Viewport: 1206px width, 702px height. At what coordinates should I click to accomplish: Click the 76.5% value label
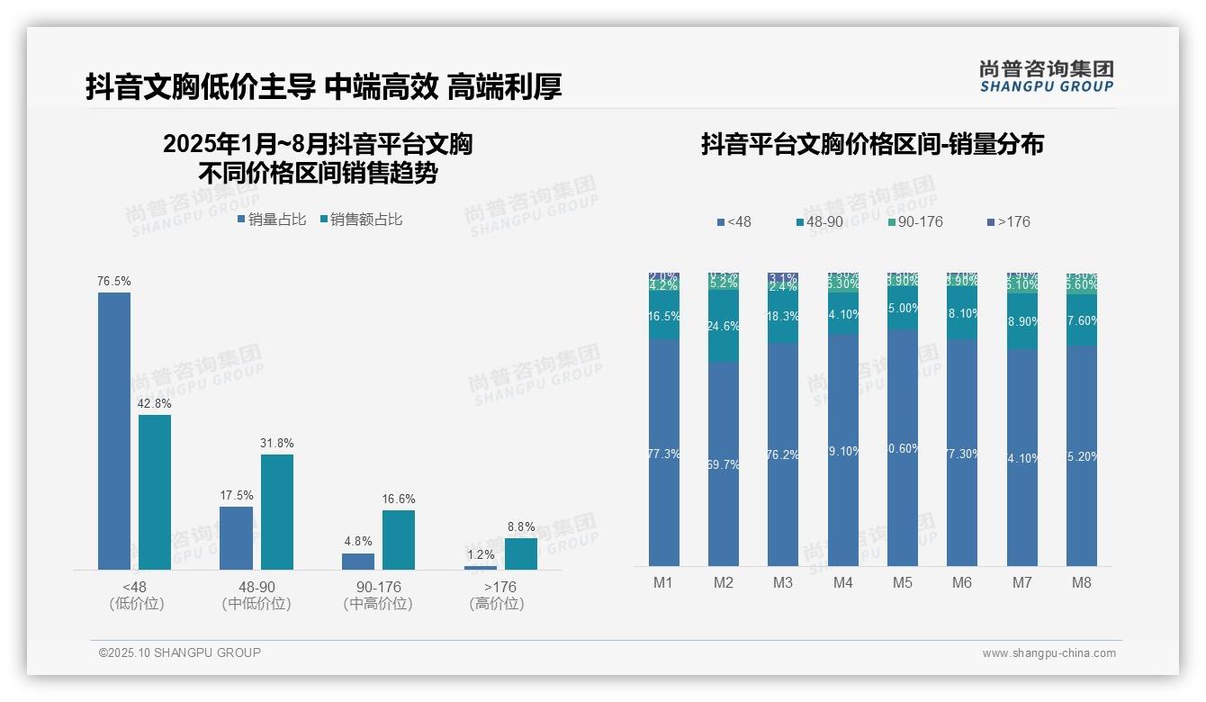coord(114,282)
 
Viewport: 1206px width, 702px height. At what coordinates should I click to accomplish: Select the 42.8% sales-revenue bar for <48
coord(155,491)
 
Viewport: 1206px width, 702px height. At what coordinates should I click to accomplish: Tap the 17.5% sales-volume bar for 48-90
coord(236,537)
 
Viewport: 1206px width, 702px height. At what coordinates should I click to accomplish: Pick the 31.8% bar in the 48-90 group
coord(277,511)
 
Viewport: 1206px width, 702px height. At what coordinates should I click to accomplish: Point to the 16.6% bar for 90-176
coord(399,539)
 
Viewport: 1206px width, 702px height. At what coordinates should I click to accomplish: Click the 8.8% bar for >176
coord(521,553)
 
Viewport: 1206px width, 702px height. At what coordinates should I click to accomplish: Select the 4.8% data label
coord(358,542)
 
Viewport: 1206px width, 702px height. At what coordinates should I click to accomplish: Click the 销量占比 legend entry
coord(271,220)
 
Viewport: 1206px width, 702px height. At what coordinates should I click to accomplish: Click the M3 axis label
coord(783,582)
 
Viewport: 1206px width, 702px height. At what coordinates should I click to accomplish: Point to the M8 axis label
coord(1082,582)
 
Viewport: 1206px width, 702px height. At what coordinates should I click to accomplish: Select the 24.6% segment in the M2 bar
coord(724,326)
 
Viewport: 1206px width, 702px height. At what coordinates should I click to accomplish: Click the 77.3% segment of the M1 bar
coord(664,453)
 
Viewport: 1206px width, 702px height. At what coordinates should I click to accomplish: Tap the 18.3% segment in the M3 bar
coord(783,317)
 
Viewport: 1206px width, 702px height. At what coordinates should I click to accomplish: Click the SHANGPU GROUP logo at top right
coord(1047,76)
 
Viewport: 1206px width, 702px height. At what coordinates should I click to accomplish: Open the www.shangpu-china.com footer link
coord(1048,653)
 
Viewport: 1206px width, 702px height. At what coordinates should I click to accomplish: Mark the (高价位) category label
coord(497,604)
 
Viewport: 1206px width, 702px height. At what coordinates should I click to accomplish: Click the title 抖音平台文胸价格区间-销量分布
coord(871,145)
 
